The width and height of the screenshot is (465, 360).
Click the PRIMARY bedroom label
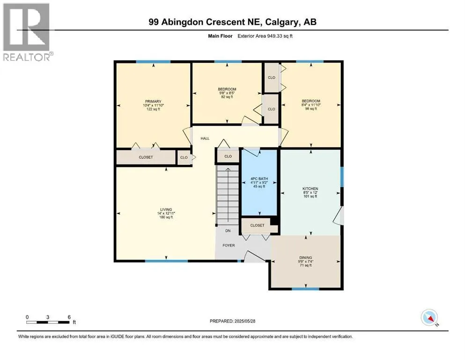coord(153,102)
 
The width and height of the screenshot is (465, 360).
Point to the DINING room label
coord(305,257)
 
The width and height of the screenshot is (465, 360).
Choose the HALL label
coord(205,139)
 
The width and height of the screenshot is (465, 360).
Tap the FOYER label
coord(229,245)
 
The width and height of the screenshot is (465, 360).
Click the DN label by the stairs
coord(229,231)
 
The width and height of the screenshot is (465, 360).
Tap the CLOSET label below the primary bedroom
coord(146,157)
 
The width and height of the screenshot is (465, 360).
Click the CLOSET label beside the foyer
coord(257,225)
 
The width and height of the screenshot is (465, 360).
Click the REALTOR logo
coord(27,32)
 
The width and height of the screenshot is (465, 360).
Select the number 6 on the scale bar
coord(69,317)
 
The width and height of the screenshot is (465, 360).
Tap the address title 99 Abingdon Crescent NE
coord(233,22)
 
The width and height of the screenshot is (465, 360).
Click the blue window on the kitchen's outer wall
coord(342,177)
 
